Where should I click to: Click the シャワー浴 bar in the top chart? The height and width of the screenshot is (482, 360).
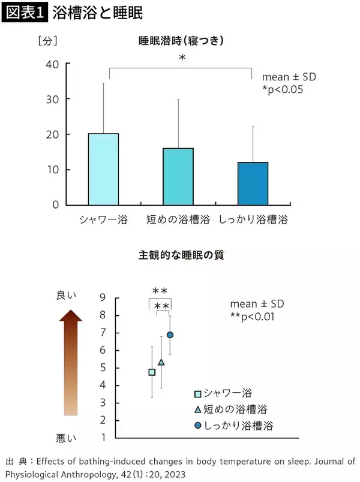point(104,169)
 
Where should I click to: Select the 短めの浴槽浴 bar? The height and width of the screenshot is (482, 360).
point(178,176)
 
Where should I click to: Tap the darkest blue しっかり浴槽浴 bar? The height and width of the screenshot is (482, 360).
point(253,183)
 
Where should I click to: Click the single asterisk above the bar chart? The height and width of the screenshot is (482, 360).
point(182,58)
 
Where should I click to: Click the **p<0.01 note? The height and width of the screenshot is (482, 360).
point(252,317)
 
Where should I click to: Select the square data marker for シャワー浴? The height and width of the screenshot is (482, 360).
point(152,372)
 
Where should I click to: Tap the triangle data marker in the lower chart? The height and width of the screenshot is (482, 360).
point(161,362)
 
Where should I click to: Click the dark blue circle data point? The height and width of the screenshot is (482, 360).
point(170,335)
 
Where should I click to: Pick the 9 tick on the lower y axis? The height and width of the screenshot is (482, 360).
point(103,297)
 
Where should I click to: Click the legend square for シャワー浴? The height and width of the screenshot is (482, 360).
point(197,394)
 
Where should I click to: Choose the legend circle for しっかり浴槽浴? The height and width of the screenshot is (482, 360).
point(197,426)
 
